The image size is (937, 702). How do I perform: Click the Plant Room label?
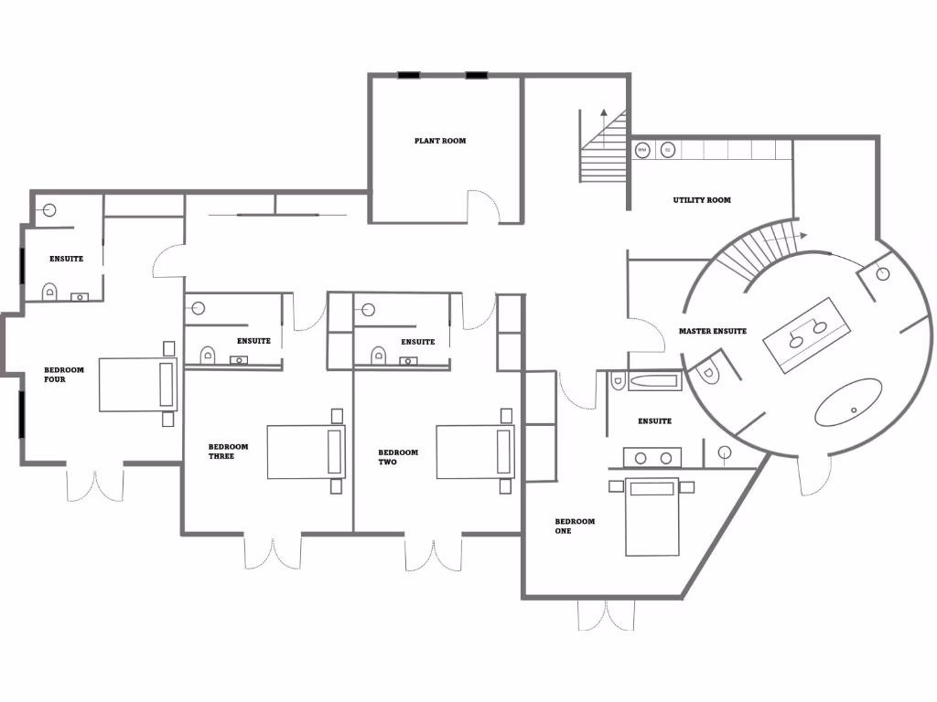(440, 141)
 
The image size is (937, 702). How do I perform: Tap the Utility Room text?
(702, 200)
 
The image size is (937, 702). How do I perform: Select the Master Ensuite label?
(713, 331)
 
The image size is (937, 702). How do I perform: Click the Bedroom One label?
(575, 526)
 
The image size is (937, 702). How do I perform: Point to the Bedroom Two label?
(398, 457)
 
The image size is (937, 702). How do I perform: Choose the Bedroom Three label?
(228, 452)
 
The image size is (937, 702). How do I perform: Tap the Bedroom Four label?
(64, 375)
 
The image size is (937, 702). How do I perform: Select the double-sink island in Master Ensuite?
(807, 334)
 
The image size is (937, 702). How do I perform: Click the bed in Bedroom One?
(652, 516)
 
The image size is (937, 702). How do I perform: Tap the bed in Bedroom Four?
(137, 385)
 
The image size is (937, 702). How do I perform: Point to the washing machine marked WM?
(642, 149)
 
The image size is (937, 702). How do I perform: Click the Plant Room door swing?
(483, 207)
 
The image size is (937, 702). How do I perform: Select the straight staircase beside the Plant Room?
(602, 151)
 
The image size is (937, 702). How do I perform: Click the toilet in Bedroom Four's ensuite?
(49, 292)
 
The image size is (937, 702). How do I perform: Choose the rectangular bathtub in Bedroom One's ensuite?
(653, 380)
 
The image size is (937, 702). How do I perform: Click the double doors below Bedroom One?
(606, 616)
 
